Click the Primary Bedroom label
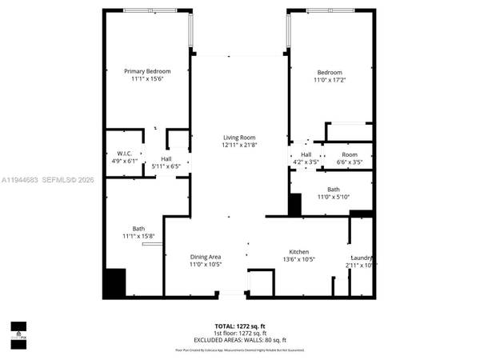click(147, 71)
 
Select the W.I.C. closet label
click(123, 153)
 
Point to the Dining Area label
click(206, 257)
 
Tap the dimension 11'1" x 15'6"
click(147, 79)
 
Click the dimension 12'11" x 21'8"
click(238, 146)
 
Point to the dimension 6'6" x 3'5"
click(350, 162)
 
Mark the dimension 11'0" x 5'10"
click(334, 197)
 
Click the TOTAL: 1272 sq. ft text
click(239, 326)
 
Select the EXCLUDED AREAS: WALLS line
click(239, 339)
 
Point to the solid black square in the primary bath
click(115, 283)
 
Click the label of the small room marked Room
click(350, 154)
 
